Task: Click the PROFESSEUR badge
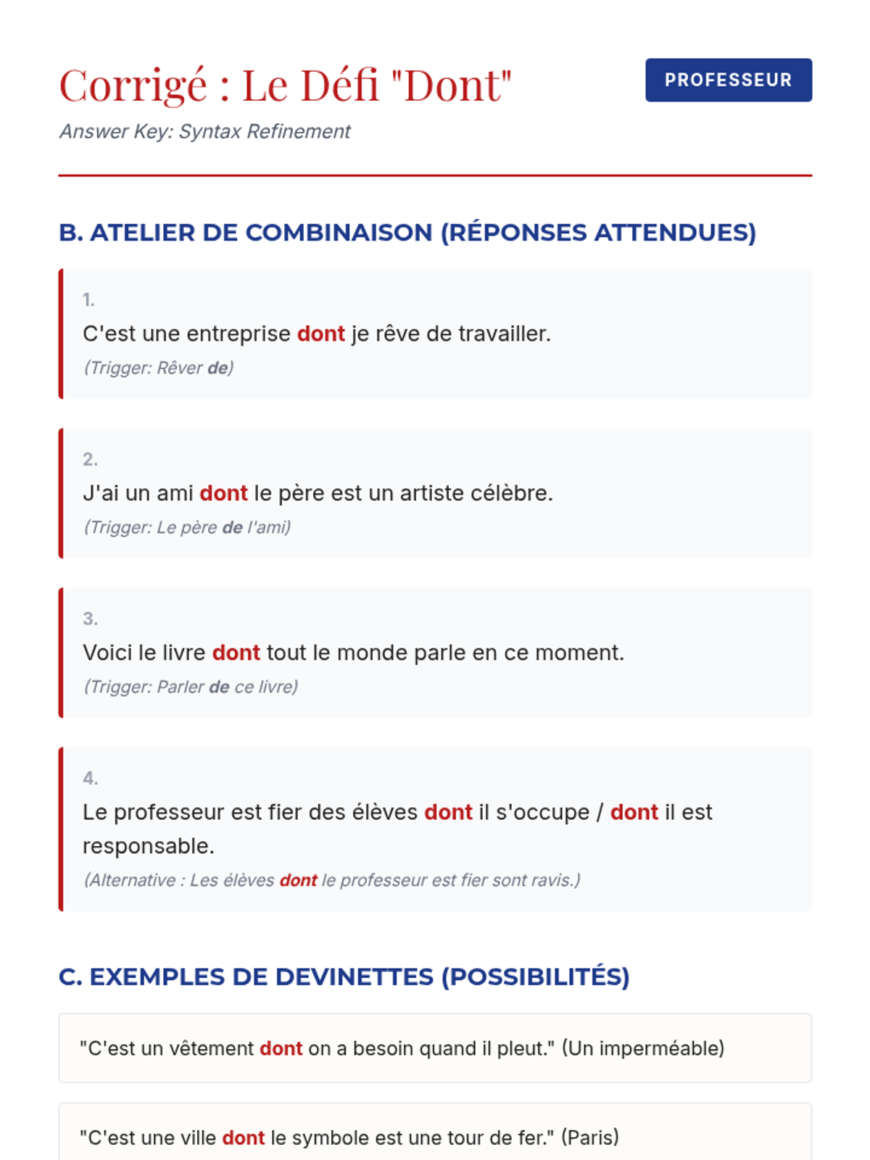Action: tap(728, 80)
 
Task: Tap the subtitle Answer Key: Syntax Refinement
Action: tap(204, 131)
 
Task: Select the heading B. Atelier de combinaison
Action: tap(407, 233)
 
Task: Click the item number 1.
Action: tap(88, 299)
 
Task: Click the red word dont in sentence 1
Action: tap(320, 333)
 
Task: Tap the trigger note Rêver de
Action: tap(158, 368)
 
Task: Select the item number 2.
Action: tap(90, 459)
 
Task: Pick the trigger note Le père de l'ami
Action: tap(187, 527)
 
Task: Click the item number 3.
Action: tap(90, 618)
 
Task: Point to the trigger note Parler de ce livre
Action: tap(191, 687)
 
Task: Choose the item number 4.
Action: tap(90, 778)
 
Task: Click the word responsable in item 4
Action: tap(148, 846)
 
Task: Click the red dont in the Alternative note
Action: tap(298, 880)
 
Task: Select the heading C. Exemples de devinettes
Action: tap(344, 977)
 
